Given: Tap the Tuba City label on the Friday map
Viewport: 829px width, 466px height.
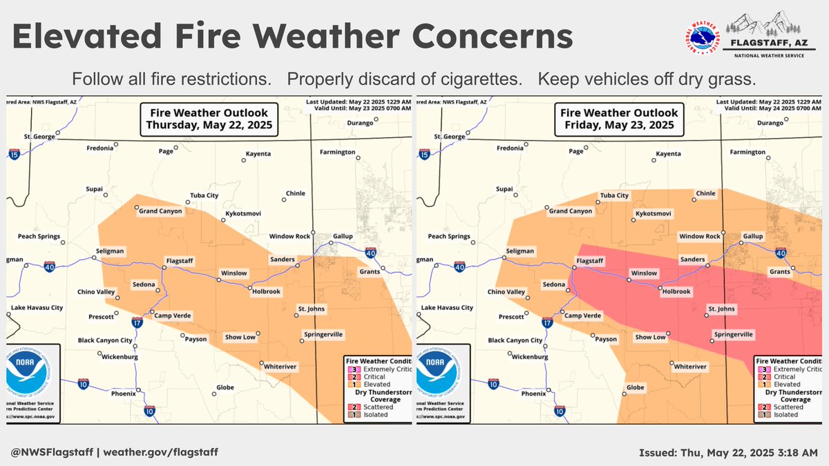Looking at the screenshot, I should pyautogui.click(x=614, y=195).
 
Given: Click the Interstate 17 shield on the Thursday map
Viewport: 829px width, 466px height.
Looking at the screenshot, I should pyautogui.click(x=138, y=322).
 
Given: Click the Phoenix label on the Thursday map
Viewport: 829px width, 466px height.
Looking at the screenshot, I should pyautogui.click(x=124, y=394).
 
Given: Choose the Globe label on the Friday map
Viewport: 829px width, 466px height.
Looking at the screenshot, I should pyautogui.click(x=636, y=387).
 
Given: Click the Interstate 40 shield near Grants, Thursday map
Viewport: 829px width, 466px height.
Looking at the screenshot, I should pyautogui.click(x=371, y=253).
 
